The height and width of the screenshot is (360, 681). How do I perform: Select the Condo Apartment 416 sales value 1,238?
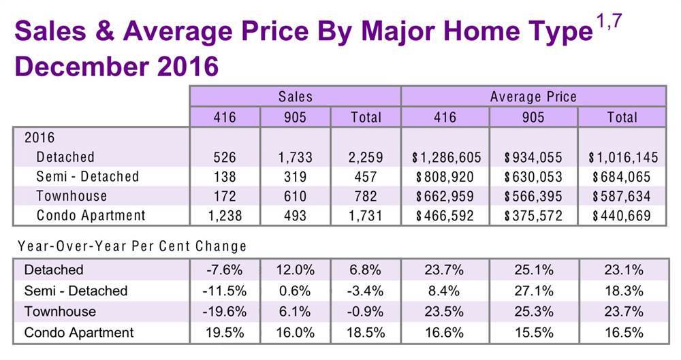[225, 216]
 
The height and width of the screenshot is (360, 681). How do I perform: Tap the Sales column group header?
[295, 97]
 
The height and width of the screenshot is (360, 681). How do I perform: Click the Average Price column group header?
[533, 97]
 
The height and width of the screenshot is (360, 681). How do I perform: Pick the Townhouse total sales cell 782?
[366, 197]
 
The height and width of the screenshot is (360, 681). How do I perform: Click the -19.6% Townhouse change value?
[225, 312]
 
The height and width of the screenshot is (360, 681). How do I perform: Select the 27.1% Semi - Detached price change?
[533, 291]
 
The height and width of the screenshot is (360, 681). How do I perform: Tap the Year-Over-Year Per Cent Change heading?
[132, 245]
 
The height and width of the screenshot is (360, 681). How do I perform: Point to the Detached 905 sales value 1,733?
[295, 158]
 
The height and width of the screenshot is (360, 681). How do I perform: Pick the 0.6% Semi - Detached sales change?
[295, 291]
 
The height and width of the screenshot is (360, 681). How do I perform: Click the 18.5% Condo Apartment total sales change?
[366, 333]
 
